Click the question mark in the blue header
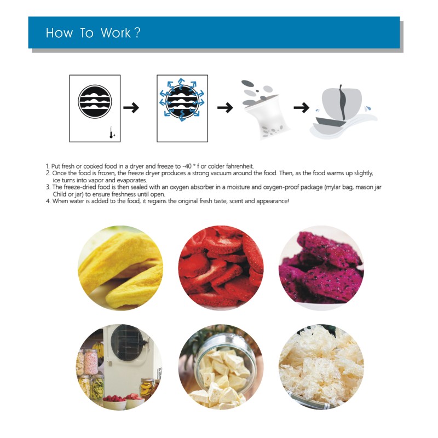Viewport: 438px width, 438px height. click(x=137, y=33)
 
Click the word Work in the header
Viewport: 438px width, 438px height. click(x=116, y=33)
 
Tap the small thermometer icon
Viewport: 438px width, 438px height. click(x=111, y=132)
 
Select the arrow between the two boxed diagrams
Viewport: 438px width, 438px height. click(x=131, y=107)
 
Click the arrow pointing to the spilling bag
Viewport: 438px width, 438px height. click(x=225, y=107)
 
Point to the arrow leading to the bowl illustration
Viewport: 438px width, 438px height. click(x=302, y=107)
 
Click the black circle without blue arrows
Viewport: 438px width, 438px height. click(x=95, y=101)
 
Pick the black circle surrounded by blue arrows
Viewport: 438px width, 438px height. click(x=182, y=102)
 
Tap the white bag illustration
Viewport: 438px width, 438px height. click(x=266, y=116)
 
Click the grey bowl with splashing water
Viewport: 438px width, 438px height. click(x=343, y=112)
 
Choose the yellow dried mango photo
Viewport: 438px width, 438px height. click(x=120, y=268)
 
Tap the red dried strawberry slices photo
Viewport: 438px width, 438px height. click(x=221, y=268)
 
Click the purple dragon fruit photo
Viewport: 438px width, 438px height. click(x=321, y=268)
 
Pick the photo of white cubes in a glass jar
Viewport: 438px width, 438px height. click(x=221, y=367)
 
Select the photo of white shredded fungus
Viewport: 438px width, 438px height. click(x=321, y=367)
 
